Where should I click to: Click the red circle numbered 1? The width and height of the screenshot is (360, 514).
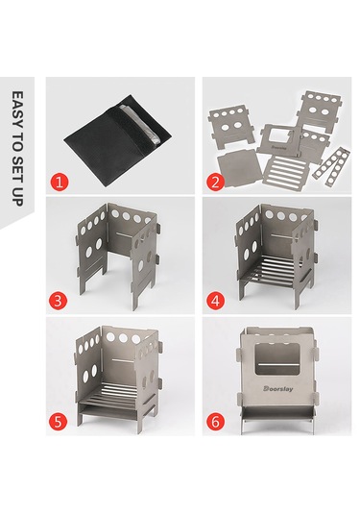click(60, 180)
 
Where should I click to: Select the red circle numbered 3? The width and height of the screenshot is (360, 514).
click(60, 301)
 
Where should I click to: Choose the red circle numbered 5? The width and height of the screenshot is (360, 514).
click(60, 421)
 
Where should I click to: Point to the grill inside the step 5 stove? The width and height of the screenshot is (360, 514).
click(120, 395)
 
